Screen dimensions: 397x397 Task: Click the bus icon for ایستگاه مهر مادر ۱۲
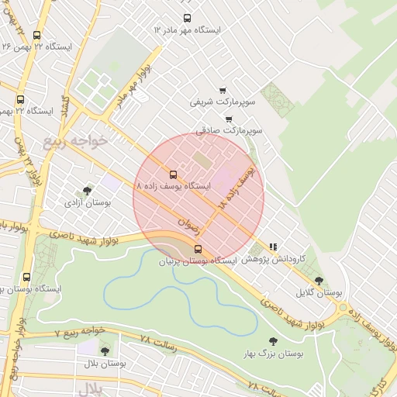(186, 18)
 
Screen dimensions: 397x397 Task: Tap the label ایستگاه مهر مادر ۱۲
(187, 30)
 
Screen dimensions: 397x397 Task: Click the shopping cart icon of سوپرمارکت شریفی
(223, 90)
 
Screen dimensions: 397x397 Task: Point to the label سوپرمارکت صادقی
(230, 131)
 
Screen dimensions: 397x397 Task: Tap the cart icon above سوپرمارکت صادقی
(229, 119)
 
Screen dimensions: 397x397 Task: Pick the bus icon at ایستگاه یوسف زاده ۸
(172, 174)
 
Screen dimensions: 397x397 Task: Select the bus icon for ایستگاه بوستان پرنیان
(198, 249)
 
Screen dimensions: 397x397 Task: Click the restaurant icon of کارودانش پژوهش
(273, 247)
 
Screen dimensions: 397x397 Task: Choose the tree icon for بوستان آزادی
(86, 190)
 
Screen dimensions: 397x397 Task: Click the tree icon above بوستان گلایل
(319, 281)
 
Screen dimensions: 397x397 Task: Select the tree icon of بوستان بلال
(105, 351)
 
